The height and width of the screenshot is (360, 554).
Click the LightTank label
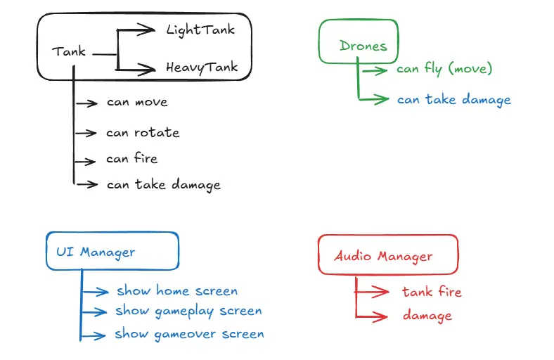200,30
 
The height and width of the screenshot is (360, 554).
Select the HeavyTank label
202,68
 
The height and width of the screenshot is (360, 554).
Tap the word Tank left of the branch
69,51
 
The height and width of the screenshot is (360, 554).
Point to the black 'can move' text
137,102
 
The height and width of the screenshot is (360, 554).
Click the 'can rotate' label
143,132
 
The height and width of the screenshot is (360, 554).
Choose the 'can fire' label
132,159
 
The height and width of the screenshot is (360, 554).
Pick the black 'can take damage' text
164,185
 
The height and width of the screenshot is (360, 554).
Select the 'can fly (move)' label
444,69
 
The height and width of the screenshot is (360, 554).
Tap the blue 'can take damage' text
453,100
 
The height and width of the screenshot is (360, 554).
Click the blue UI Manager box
112,251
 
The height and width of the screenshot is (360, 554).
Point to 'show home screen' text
177,290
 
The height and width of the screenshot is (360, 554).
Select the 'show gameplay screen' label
189,311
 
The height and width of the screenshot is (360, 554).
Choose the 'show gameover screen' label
190,334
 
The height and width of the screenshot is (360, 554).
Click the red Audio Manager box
387,255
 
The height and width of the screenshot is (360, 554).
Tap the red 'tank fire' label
432,291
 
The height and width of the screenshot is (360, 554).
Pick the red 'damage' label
427,316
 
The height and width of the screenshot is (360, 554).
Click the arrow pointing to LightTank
137,30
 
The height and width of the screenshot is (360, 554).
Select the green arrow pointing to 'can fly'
377,70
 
